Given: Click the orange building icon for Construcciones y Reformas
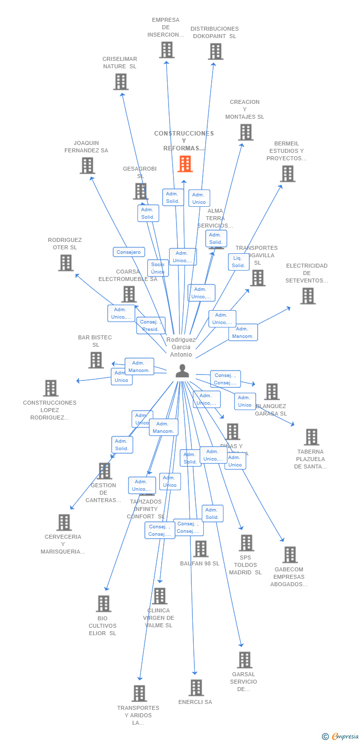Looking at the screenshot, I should (x=185, y=164).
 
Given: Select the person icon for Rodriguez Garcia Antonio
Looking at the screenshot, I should (x=182, y=371).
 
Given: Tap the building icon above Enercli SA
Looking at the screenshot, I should (x=196, y=688).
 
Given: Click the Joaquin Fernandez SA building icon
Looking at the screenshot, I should (x=88, y=166).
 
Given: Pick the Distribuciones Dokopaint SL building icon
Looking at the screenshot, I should (x=216, y=51).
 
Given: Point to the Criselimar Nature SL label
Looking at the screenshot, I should (x=120, y=63).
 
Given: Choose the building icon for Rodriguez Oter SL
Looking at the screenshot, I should (x=66, y=263).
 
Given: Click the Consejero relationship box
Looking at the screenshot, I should (x=129, y=252).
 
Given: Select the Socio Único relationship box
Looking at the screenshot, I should (x=158, y=268).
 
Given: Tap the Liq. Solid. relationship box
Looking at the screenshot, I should (x=238, y=262).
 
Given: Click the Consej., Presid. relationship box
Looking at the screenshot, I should (x=150, y=325).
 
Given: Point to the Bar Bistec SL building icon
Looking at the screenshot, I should (x=96, y=360).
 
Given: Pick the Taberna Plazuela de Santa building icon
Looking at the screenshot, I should (x=312, y=437).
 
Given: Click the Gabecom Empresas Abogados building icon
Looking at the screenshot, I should (x=290, y=555).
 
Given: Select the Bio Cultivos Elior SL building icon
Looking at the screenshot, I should (x=103, y=603).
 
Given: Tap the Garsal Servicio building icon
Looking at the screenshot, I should (x=244, y=660).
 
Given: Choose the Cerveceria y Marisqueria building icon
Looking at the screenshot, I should (x=64, y=522).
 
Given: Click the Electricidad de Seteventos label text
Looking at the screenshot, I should (x=307, y=273).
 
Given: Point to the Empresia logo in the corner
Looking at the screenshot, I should (x=341, y=737).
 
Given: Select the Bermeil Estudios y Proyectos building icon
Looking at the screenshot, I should (x=288, y=174).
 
